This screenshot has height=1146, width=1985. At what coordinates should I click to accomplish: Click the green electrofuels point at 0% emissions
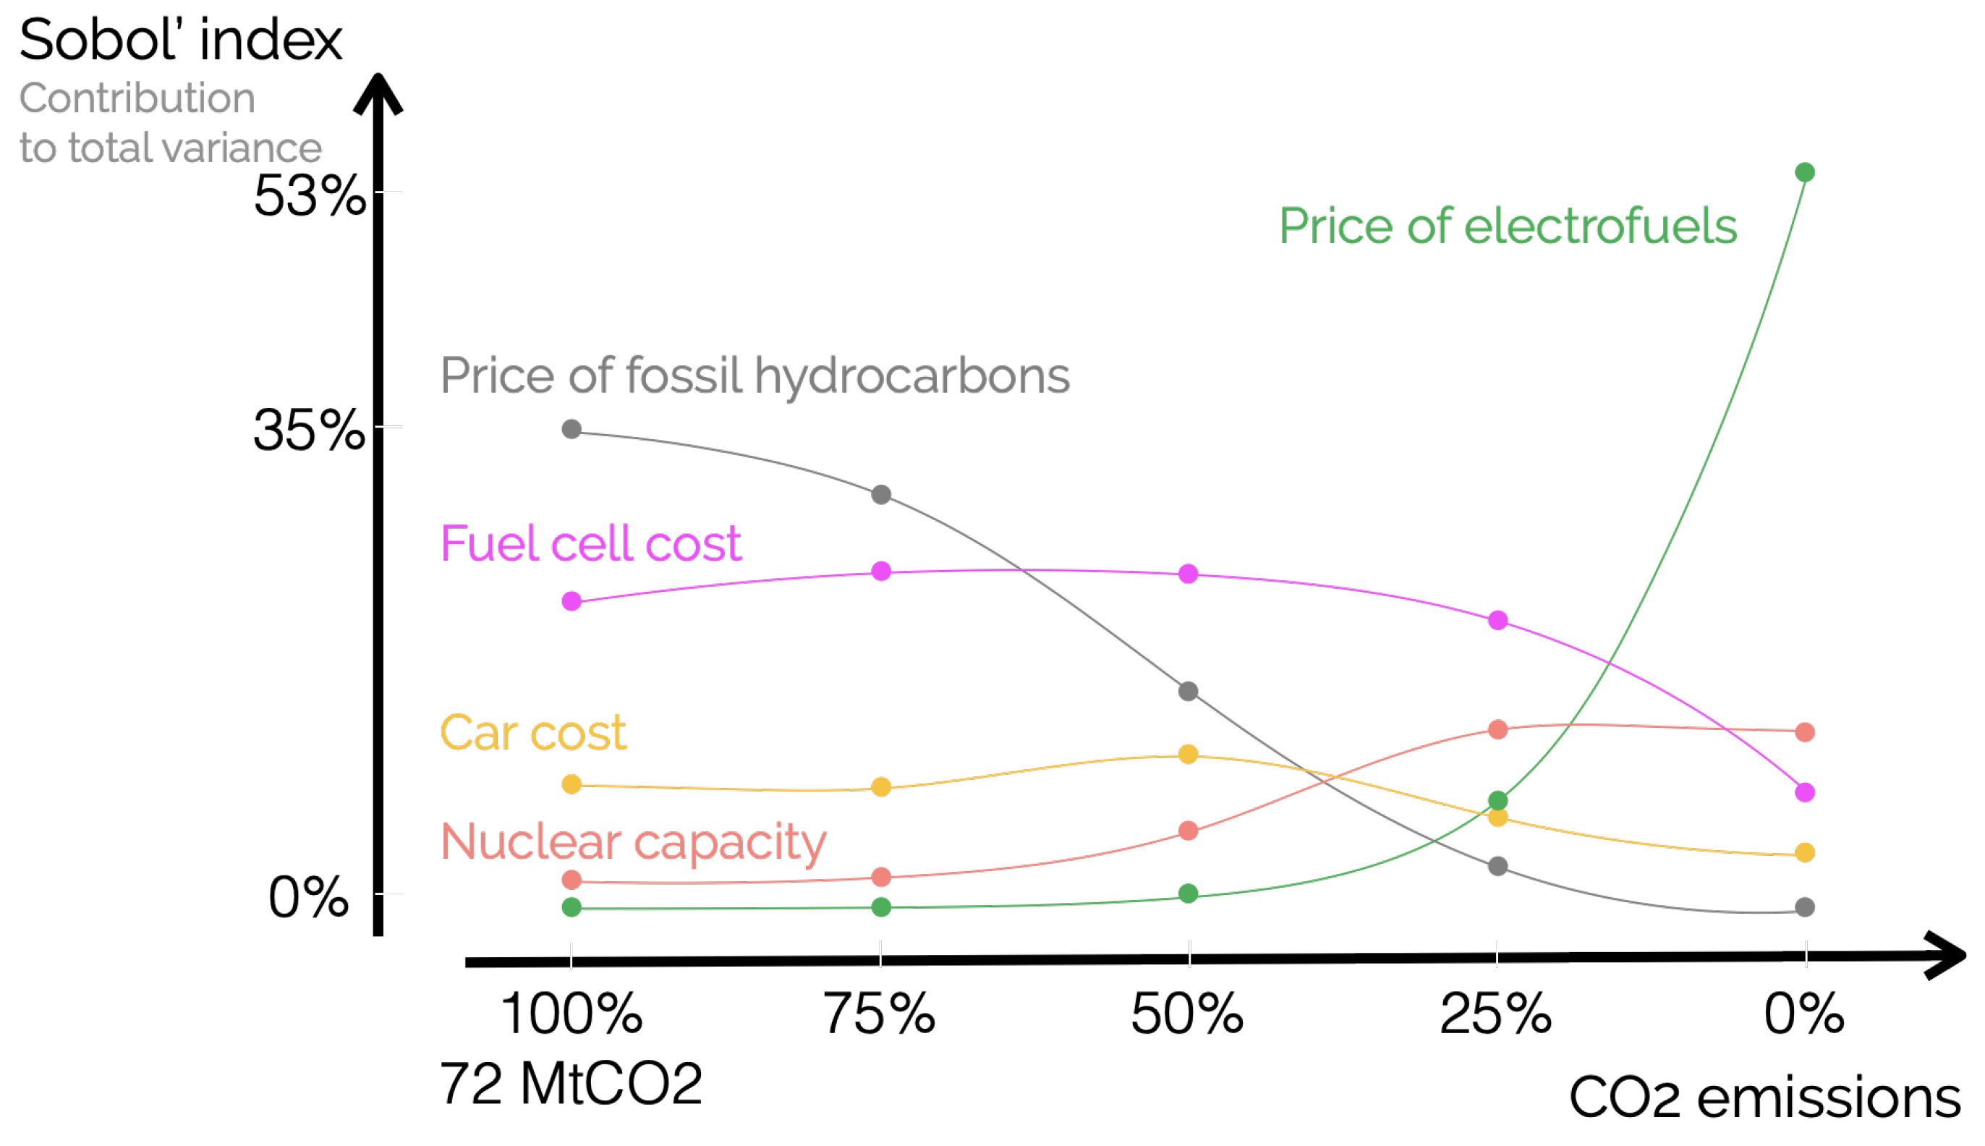click(x=1804, y=172)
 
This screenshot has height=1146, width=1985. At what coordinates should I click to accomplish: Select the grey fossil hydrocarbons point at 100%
click(x=572, y=429)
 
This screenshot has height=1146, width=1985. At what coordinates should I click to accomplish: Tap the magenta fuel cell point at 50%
click(x=1188, y=574)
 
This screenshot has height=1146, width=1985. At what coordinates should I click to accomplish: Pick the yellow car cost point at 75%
click(x=881, y=787)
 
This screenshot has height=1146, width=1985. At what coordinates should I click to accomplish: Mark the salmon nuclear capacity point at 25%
click(x=1498, y=729)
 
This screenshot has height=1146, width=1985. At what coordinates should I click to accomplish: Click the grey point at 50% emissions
click(x=1188, y=691)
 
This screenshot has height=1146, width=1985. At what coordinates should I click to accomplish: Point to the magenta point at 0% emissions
click(x=1805, y=793)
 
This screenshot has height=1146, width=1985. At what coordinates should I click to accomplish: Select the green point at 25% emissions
click(x=1498, y=801)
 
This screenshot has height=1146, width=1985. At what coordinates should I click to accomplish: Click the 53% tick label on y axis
click(x=308, y=195)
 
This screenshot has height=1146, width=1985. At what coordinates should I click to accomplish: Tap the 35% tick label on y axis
click(x=308, y=430)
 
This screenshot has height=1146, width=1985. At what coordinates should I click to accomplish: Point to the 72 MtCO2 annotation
click(x=571, y=1085)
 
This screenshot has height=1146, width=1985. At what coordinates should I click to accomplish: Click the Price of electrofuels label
click(x=1508, y=226)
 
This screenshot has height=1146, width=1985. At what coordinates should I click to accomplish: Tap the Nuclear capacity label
click(x=634, y=842)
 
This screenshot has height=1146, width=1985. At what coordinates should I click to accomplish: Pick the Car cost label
click(x=532, y=733)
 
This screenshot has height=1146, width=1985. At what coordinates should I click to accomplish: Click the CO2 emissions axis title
click(x=1764, y=1098)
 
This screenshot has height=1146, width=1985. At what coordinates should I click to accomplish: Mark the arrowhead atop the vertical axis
click(x=378, y=93)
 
